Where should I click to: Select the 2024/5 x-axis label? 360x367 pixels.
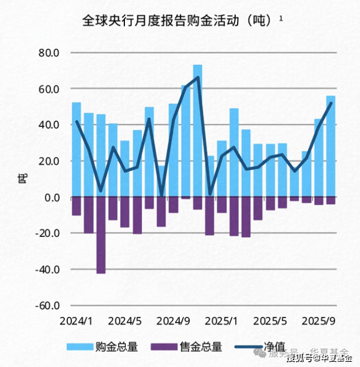tap(125, 321)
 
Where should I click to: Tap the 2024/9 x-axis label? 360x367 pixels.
tap(173, 321)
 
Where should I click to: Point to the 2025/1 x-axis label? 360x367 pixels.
tap(222, 321)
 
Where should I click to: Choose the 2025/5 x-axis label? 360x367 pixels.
tap(270, 321)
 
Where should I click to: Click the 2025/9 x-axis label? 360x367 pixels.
tap(318, 321)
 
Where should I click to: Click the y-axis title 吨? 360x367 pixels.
tap(22, 179)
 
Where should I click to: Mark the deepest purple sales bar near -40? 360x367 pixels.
tap(101, 237)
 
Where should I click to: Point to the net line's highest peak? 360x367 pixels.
tap(198, 77)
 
